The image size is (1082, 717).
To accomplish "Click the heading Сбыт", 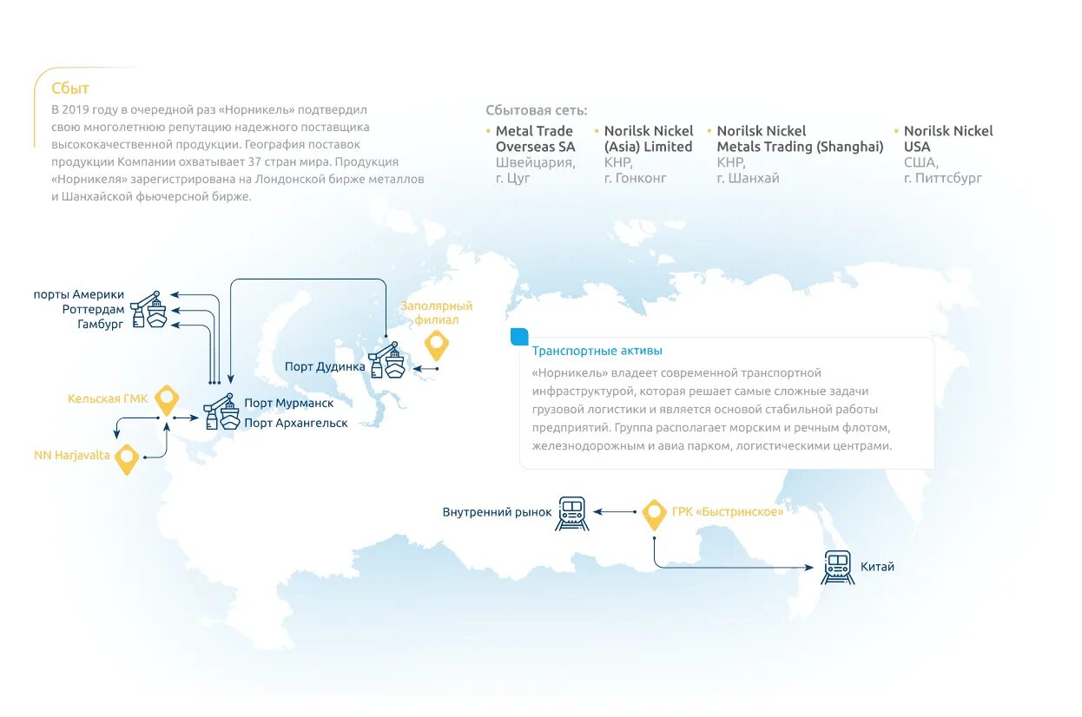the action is [x=70, y=89].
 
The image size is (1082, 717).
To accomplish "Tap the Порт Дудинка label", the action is [x=325, y=366].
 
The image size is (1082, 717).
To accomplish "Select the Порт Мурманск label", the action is [x=288, y=403].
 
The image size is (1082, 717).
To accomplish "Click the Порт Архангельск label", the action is [x=296, y=423].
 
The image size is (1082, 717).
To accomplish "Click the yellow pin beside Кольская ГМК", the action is [x=166, y=400].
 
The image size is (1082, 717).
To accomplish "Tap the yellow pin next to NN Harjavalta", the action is [x=128, y=458].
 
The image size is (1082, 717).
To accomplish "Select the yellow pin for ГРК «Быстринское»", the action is [x=655, y=514].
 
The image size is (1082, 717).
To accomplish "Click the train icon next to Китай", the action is [x=838, y=567].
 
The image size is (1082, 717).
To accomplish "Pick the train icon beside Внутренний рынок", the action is [x=572, y=513].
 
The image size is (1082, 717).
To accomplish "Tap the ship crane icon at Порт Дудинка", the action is [x=387, y=360].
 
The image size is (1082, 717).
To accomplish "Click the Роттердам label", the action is [x=93, y=309].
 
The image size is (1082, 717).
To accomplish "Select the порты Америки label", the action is [x=79, y=294].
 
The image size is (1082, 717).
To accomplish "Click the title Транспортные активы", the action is [x=597, y=351].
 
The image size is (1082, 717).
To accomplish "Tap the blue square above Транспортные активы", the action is [x=519, y=336].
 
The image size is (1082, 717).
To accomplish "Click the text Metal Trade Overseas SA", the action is [x=535, y=139].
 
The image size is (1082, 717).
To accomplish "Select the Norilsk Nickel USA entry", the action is [x=948, y=139].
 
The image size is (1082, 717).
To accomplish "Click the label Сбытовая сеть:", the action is [x=537, y=110].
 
